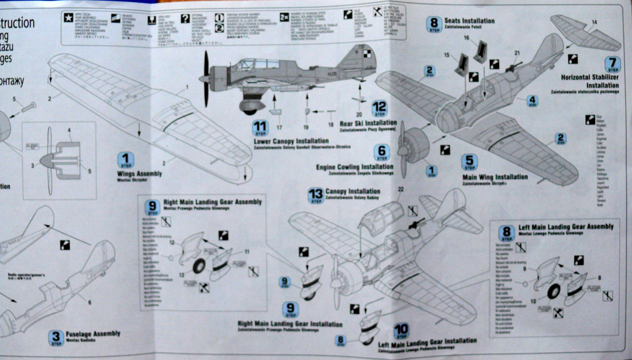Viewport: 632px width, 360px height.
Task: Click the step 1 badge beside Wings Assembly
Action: point(126,160)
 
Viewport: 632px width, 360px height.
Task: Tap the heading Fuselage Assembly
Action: point(93,334)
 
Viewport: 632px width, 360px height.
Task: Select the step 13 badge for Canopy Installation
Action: point(316,195)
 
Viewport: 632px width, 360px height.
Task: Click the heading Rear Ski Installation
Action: point(368,123)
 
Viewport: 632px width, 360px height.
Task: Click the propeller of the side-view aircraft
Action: point(205,79)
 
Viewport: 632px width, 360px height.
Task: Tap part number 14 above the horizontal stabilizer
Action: point(594,23)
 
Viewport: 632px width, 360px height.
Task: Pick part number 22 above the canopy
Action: point(401,189)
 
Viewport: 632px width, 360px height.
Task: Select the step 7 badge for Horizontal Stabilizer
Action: point(613,64)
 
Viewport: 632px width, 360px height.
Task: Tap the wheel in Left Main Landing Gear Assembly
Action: point(554,292)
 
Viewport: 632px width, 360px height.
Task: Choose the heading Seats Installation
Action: point(469,21)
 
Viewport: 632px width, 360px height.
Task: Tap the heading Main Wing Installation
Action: point(495,177)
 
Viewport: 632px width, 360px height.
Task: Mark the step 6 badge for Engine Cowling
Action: point(382,152)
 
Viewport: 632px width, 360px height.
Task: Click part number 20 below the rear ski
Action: point(359,115)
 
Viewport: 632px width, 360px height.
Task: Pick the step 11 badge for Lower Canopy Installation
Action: point(260,128)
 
